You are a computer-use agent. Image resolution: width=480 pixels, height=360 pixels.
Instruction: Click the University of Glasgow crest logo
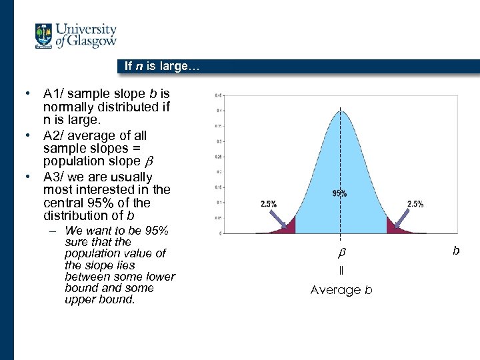pos(45,36)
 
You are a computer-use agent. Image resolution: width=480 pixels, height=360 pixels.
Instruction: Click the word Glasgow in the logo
pos(93,43)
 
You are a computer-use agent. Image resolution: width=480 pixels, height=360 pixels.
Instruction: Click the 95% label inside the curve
pos(339,193)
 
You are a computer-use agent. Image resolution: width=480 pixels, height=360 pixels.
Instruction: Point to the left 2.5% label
pos(268,205)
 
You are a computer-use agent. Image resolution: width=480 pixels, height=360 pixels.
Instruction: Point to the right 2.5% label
pos(415,205)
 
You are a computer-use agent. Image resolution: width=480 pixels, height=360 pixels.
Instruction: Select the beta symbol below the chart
pos(341,254)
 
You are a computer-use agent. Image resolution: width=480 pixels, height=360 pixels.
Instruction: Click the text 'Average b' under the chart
pos(341,290)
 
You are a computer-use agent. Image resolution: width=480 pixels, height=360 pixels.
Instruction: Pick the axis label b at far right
pos(456,251)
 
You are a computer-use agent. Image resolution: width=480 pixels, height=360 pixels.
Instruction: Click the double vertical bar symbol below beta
pos(341,271)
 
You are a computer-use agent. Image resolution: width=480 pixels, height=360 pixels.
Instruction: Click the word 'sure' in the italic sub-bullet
pos(75,242)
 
